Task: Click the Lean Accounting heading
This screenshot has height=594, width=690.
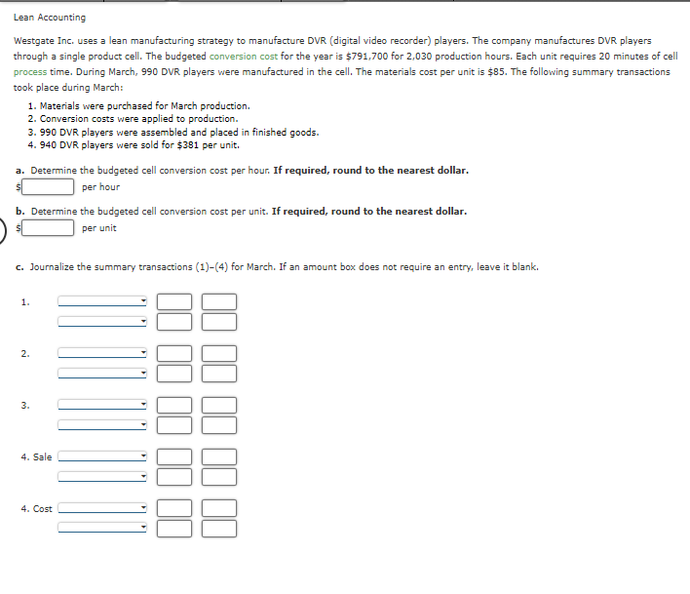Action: tap(50, 17)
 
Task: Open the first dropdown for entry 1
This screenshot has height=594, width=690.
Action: tap(102, 301)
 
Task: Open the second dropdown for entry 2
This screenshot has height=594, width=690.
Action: tap(102, 373)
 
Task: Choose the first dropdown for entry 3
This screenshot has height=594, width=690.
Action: tap(102, 404)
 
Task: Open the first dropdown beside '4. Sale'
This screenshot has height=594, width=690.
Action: tap(102, 455)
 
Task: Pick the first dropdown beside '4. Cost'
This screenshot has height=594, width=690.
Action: tap(102, 507)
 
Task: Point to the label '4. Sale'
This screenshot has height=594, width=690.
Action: tap(36, 456)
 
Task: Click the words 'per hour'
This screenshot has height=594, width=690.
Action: tap(101, 186)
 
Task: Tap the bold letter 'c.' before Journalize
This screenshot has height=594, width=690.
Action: tap(19, 266)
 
